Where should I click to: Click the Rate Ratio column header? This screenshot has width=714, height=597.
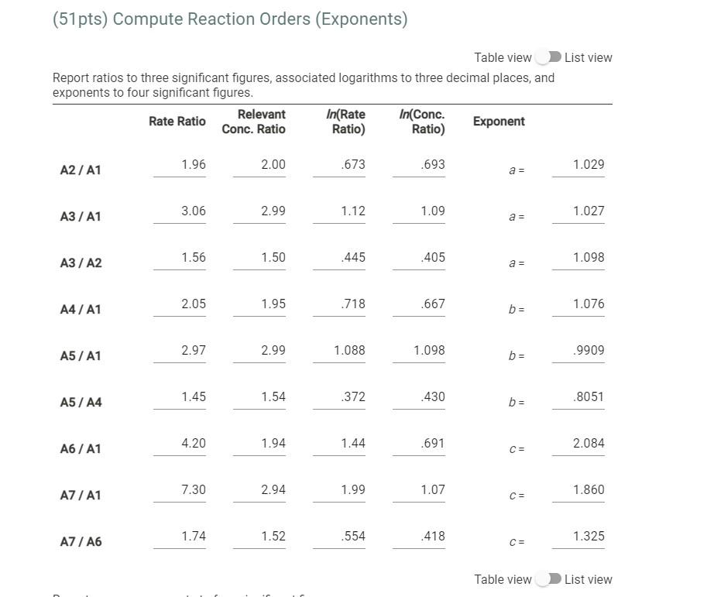pyautogui.click(x=177, y=121)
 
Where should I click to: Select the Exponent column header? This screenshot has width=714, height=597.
pyautogui.click(x=499, y=122)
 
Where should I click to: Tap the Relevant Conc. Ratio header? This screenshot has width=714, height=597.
pyautogui.click(x=253, y=122)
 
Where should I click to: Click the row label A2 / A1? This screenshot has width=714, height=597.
pyautogui.click(x=81, y=170)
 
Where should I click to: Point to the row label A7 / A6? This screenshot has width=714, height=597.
pyautogui.click(x=81, y=541)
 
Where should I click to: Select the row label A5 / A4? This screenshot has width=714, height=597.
pyautogui.click(x=81, y=402)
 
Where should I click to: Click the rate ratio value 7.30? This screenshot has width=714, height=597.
pyautogui.click(x=193, y=489)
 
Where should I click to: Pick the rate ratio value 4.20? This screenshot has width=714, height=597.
pyautogui.click(x=193, y=443)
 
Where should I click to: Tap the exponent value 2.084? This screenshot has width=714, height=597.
pyautogui.click(x=588, y=443)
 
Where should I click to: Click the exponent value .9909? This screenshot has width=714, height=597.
pyautogui.click(x=588, y=350)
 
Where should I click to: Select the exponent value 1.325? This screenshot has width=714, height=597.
pyautogui.click(x=588, y=536)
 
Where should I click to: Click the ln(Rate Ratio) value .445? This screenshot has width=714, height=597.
pyautogui.click(x=352, y=257)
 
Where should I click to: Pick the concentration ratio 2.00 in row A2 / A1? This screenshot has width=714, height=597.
pyautogui.click(x=273, y=164)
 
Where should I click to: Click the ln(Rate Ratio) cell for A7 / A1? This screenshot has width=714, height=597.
pyautogui.click(x=352, y=489)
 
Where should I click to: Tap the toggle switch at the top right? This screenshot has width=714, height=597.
pyautogui.click(x=548, y=57)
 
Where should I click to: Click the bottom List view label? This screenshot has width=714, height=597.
pyautogui.click(x=588, y=579)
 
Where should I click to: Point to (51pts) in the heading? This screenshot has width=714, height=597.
pyautogui.click(x=80, y=19)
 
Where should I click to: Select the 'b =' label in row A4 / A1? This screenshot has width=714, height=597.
pyautogui.click(x=517, y=310)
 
